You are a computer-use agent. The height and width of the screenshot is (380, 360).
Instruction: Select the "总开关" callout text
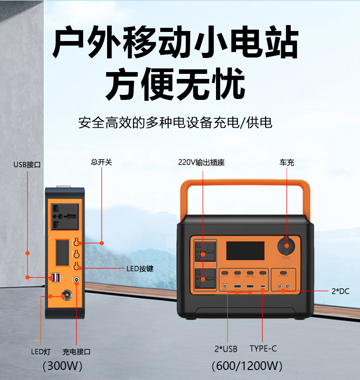pos(101,162)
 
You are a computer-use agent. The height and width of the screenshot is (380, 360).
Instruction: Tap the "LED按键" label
pos(140,269)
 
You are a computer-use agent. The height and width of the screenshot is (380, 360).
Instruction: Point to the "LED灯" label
pos(41,352)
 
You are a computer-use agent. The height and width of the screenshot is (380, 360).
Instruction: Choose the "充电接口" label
pos(77,352)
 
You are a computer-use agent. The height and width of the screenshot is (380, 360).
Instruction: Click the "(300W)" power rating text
pos(62,366)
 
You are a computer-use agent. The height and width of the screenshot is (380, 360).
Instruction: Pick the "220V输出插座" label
pos(202,162)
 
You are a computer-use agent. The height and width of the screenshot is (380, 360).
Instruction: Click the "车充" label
pos(287,162)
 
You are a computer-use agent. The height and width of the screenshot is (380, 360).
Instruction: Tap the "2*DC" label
pos(340,291)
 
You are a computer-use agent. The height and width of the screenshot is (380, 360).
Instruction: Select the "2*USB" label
pos(226,349)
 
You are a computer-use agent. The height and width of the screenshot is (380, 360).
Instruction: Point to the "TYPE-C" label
pos(263,349)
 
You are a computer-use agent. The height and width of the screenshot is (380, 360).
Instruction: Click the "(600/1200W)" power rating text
pos(247,366)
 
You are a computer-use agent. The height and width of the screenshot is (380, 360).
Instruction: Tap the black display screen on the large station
pos(245,251)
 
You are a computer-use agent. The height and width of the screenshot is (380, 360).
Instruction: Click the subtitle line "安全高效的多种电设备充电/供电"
pos(175,123)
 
